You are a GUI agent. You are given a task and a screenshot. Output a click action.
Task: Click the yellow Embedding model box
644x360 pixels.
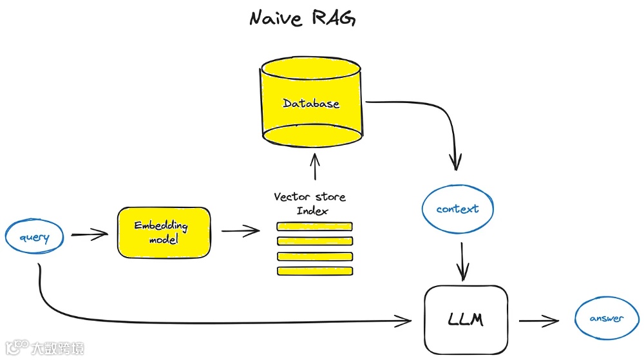pos(164,232)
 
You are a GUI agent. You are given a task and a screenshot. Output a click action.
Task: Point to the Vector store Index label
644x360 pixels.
pos(310,204)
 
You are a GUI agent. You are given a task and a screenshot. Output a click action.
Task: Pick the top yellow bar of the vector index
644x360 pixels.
pos(314,226)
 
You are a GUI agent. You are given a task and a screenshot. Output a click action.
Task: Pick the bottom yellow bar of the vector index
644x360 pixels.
pos(314,271)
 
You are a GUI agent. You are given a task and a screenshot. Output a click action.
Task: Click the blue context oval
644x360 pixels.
pos(458,209)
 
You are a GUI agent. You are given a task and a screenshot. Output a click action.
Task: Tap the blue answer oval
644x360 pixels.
pos(607,318)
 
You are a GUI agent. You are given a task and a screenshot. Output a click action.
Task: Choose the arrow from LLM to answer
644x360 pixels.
pos(541,319)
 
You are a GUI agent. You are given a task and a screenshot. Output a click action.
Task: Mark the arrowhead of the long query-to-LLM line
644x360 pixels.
pos(406,319)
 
